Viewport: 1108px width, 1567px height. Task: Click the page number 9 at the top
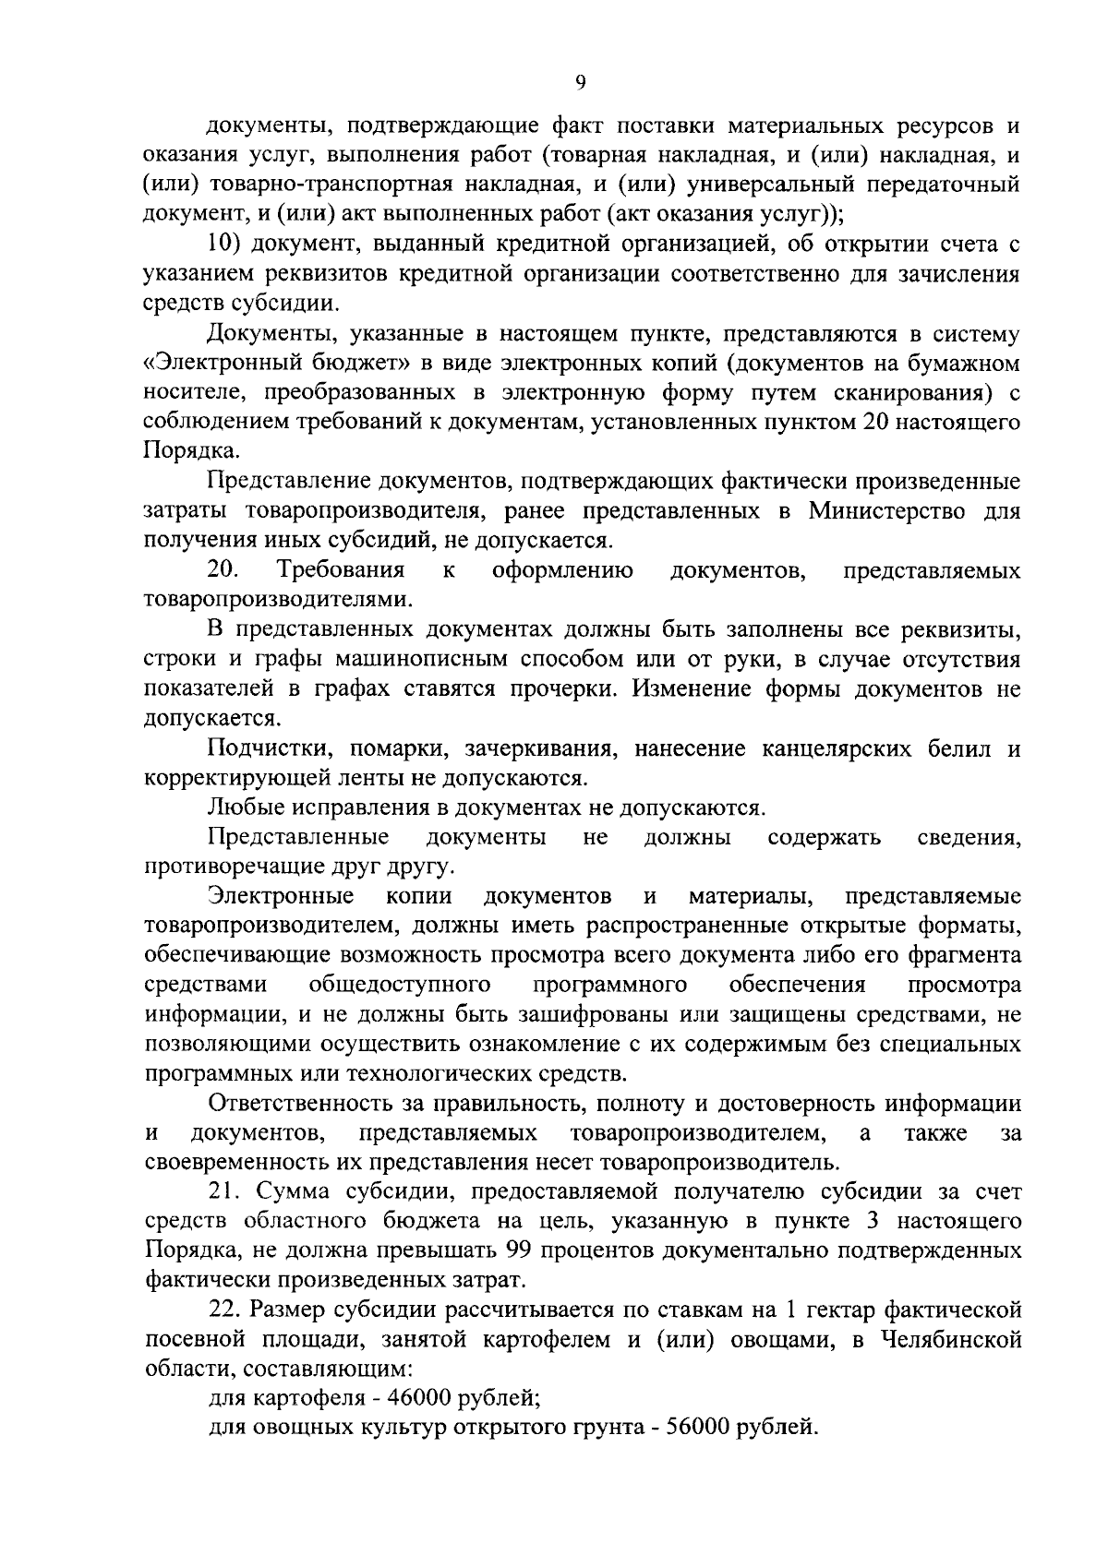[x=580, y=82]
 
